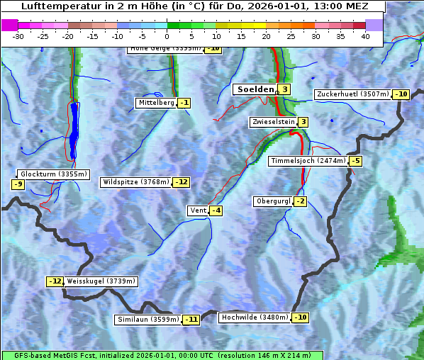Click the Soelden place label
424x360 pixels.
point(255,89)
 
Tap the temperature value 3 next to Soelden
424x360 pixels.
point(284,89)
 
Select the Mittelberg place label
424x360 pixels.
point(156,103)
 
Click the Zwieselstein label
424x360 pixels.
point(273,122)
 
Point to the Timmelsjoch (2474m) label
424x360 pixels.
point(308,161)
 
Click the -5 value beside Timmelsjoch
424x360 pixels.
point(355,161)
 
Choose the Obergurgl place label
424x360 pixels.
point(273,201)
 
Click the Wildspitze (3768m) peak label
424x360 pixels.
point(136,182)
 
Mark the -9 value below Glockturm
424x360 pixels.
point(18,185)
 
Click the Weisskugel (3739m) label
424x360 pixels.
point(101,281)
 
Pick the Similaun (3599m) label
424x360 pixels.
point(148,320)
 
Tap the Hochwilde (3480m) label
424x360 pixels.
point(254,317)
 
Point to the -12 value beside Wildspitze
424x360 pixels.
point(182,182)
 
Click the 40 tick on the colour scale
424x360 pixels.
point(365,36)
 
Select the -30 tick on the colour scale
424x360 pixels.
point(18,36)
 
